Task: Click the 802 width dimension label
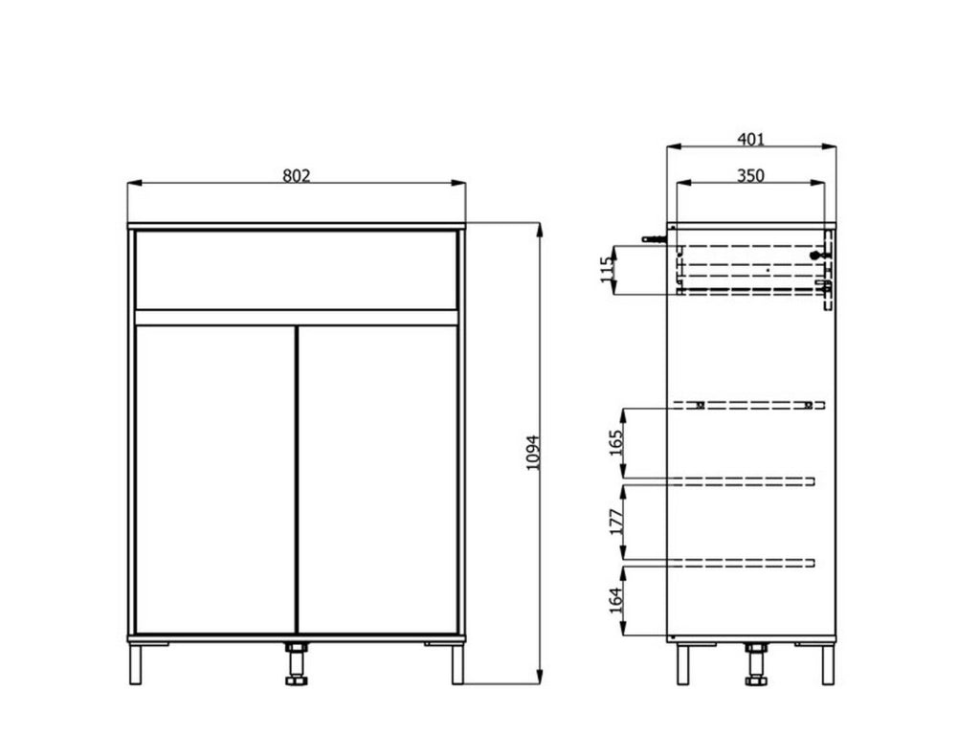tap(297, 176)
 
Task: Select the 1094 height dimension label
tap(532, 453)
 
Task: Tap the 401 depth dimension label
tap(750, 139)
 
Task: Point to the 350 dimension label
tap(750, 176)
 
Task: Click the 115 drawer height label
tap(606, 269)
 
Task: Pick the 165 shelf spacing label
tap(616, 443)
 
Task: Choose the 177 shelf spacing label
tap(616, 522)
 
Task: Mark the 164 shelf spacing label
tap(616, 600)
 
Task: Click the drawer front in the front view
tap(297, 270)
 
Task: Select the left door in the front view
tap(215, 479)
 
